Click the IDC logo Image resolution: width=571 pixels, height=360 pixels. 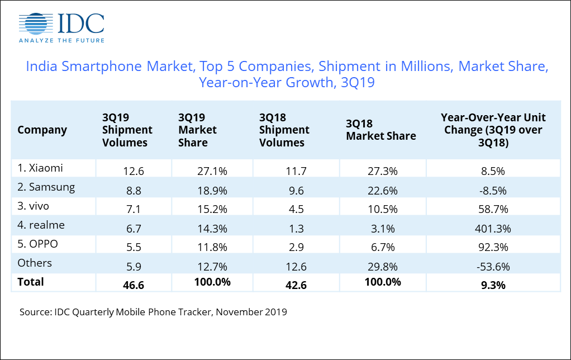(x=61, y=23)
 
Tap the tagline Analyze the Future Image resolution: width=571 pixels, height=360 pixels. (x=61, y=40)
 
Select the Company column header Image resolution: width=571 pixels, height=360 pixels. (x=42, y=130)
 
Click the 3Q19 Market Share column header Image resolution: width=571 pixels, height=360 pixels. (x=197, y=130)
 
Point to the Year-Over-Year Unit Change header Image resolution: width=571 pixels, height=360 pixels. (x=493, y=130)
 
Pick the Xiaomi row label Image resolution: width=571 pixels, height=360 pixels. (x=40, y=168)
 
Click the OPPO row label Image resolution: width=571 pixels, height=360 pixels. (x=39, y=244)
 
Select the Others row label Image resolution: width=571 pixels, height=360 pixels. (x=35, y=263)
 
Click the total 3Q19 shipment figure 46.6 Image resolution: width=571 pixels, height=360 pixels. (x=134, y=284)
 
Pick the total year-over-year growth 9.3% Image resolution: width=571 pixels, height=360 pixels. (x=493, y=284)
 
